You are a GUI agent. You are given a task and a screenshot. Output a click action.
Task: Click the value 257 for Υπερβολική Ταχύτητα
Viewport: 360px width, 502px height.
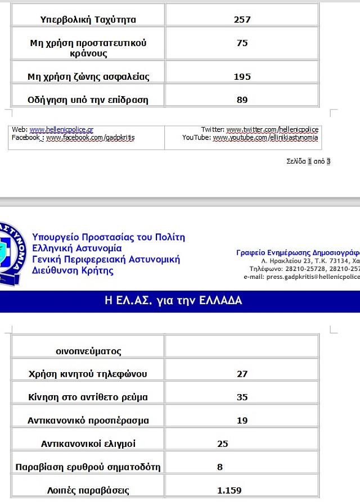242,20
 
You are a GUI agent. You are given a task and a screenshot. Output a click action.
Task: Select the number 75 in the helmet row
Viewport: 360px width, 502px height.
242,43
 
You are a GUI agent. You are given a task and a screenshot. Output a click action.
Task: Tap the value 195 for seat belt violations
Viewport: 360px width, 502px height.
242,77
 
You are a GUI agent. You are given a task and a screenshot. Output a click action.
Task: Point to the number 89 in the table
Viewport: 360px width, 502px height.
242,100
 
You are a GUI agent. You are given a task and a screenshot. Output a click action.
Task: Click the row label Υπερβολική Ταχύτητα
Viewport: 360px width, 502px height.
88,20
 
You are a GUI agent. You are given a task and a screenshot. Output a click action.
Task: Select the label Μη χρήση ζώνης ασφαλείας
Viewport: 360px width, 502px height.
88,77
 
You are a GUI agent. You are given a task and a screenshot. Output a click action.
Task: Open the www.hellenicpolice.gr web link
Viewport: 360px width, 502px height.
61,130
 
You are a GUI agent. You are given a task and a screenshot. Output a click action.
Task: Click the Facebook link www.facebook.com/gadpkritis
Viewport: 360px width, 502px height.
90,138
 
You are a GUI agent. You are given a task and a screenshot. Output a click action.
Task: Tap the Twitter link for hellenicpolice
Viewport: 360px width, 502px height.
272,130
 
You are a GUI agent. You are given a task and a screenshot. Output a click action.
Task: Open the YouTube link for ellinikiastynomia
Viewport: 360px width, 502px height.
265,138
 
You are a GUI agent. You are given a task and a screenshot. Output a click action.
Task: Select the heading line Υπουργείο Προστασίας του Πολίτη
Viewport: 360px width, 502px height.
109,237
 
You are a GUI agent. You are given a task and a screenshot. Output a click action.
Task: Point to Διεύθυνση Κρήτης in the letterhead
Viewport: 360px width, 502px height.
73,270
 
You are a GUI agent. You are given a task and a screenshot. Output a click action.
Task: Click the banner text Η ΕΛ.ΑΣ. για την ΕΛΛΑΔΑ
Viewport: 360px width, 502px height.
173,301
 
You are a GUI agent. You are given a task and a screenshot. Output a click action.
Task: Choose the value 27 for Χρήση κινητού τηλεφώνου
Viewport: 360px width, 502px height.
242,374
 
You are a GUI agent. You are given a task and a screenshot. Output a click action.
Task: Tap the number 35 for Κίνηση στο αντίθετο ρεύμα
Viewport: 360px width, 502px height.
242,397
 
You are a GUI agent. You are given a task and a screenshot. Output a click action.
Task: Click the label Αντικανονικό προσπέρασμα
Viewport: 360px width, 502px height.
88,420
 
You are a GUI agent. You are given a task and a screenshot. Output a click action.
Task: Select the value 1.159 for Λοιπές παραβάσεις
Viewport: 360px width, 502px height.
229,490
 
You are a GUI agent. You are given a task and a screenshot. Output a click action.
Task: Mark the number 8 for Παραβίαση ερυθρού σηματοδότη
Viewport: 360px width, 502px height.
220,467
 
